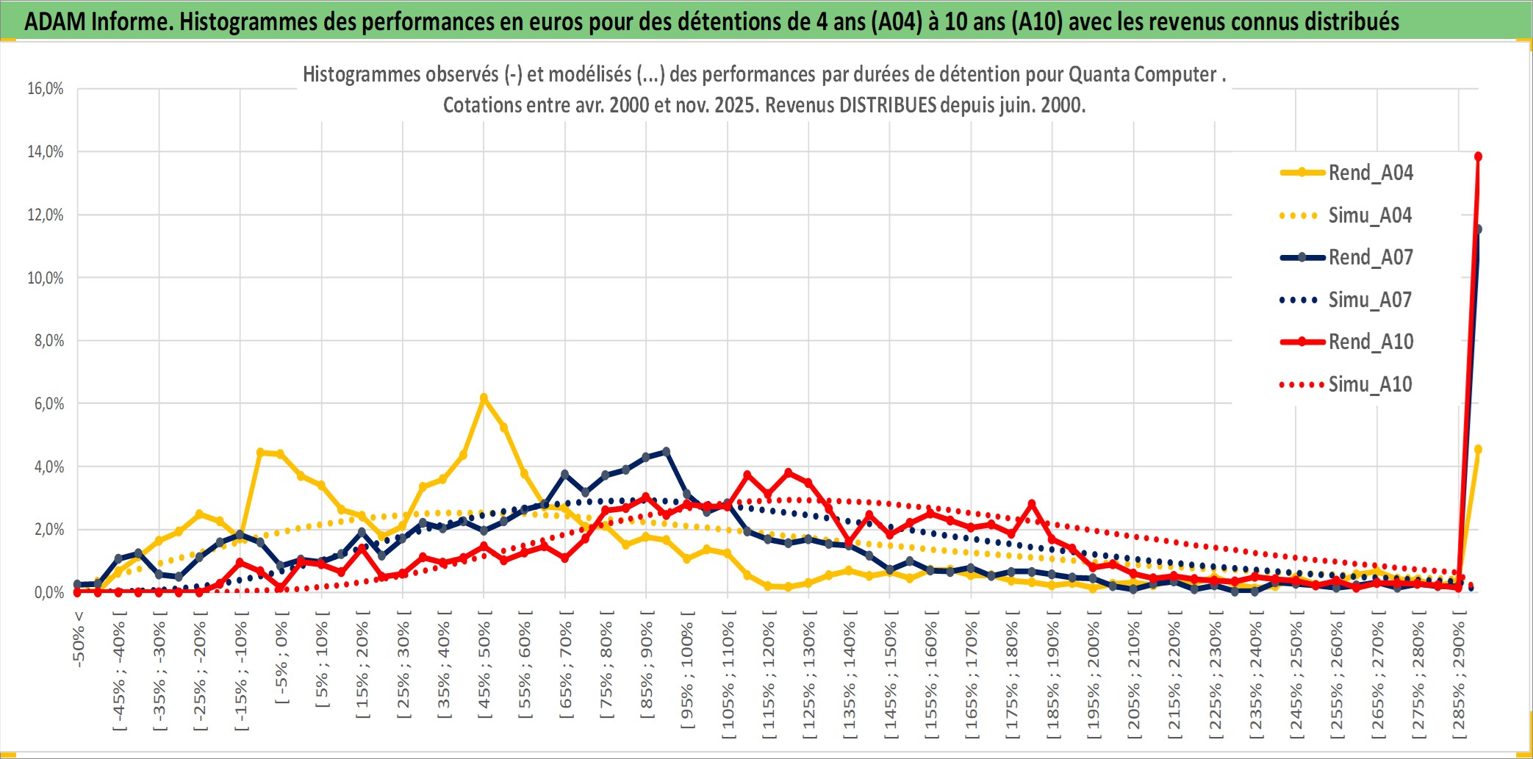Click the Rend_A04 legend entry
click(1370, 173)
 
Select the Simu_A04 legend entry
click(1370, 215)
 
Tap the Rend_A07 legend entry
click(1370, 257)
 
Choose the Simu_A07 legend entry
click(1370, 300)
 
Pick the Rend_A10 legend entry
click(1370, 342)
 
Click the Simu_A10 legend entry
click(1370, 384)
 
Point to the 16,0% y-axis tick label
click(46, 89)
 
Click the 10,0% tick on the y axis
click(46, 278)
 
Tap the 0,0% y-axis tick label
click(49, 592)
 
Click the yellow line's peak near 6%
click(484, 398)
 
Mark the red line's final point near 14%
click(1478, 157)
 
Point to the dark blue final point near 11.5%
click(1478, 229)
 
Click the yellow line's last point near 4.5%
click(1478, 449)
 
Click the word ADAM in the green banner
click(54, 22)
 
